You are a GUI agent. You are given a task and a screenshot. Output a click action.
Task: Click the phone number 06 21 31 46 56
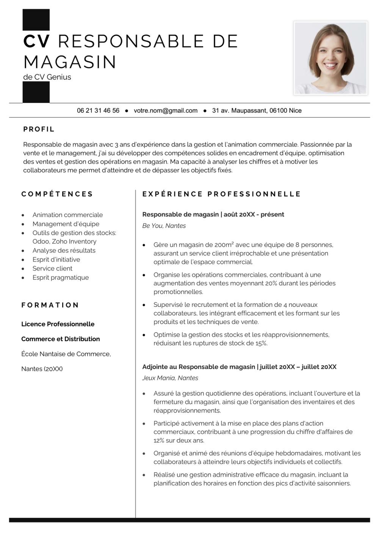click(x=98, y=110)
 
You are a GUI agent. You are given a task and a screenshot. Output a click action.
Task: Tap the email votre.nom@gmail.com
click(x=166, y=110)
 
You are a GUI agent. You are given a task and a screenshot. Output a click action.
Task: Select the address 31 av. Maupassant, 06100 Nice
click(x=257, y=110)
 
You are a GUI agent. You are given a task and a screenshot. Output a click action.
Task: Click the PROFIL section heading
click(x=39, y=129)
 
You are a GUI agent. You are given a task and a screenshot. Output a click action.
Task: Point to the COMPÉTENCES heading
click(x=57, y=194)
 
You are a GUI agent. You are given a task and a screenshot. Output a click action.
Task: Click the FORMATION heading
click(x=50, y=305)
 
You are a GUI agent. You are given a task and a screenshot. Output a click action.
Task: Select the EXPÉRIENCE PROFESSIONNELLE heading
click(x=222, y=194)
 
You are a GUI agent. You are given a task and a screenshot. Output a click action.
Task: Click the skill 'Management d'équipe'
click(x=66, y=224)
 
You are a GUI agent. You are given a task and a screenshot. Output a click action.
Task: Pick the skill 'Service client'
click(x=52, y=268)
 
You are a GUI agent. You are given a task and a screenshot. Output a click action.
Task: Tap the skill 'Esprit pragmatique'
click(x=61, y=277)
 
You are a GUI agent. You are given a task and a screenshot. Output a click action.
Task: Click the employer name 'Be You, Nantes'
click(x=164, y=226)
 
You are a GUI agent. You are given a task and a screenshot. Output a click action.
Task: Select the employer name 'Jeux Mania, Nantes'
click(x=170, y=378)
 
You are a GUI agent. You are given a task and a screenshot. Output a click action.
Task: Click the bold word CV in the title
click(x=36, y=41)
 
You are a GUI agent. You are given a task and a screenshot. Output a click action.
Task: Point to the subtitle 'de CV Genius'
click(x=47, y=77)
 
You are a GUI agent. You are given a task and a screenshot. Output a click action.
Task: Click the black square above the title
click(x=36, y=20)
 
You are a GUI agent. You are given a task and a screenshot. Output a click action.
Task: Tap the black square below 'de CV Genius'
click(x=36, y=92)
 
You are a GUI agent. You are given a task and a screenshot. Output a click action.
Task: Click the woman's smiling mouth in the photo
click(x=331, y=65)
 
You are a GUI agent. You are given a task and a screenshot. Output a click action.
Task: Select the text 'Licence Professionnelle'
click(x=58, y=324)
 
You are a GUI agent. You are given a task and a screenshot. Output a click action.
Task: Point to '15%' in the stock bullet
click(x=261, y=343)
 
